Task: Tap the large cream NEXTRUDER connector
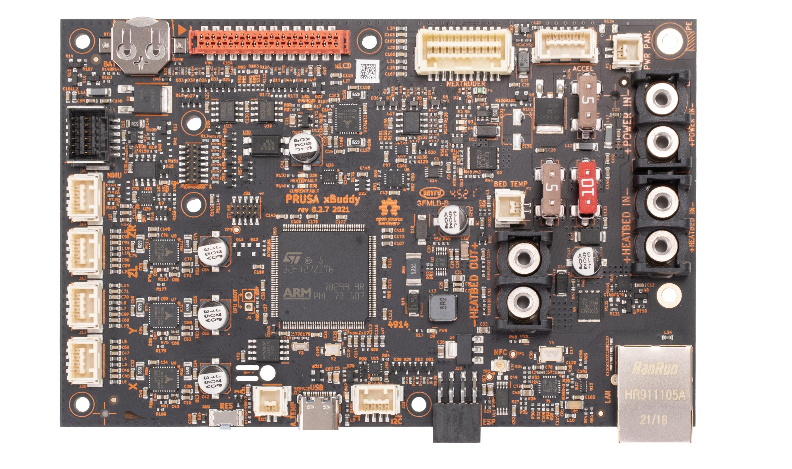coord(464,52)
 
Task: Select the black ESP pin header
coord(456,423)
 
